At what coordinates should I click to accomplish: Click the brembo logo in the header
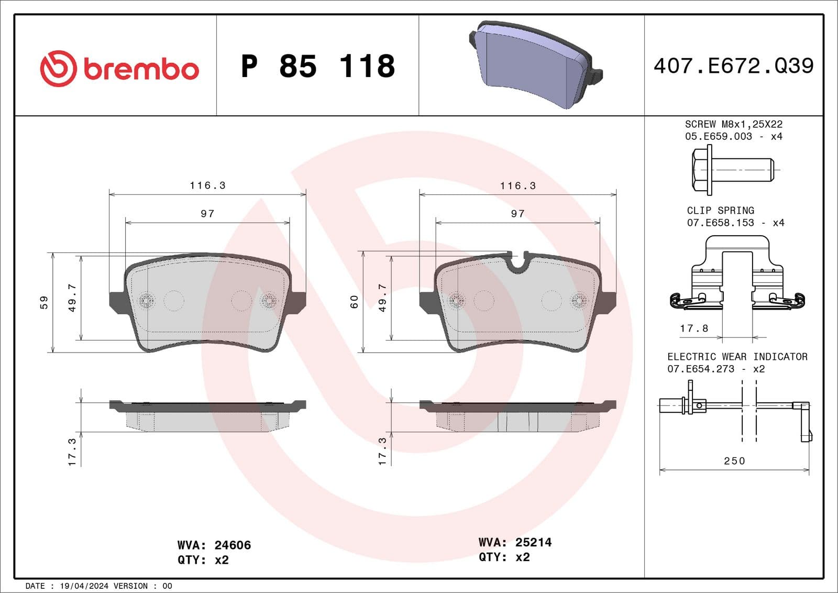[119, 69]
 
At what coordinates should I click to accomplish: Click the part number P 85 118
[318, 67]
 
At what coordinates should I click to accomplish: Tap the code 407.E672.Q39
[733, 66]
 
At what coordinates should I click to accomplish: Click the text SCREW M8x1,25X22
[733, 124]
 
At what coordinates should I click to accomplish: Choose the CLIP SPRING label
[720, 210]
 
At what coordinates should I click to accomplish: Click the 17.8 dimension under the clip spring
[694, 328]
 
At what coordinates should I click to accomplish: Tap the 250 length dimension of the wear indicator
[734, 460]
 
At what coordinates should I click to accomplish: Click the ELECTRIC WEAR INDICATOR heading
[737, 356]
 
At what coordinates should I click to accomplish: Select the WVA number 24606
[233, 545]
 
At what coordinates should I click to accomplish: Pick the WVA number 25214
[533, 542]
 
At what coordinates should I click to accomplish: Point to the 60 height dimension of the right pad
[355, 302]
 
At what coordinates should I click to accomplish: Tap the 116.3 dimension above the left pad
[207, 185]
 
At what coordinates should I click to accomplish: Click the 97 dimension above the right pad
[517, 213]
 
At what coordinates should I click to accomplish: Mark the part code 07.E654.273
[701, 369]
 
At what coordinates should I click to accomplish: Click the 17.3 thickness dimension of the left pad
[72, 452]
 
